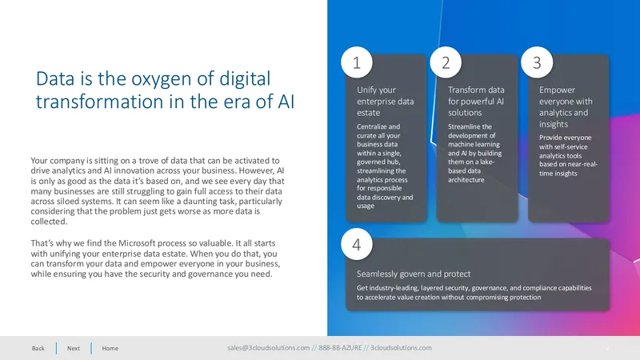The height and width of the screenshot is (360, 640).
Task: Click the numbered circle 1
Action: tap(357, 62)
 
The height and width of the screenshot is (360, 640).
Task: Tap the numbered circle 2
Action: tap(446, 62)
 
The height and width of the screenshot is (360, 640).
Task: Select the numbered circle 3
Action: tap(537, 62)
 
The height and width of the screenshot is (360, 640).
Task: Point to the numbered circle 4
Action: tap(357, 244)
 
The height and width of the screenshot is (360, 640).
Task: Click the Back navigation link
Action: tap(38, 348)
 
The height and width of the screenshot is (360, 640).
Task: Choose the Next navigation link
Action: tap(74, 348)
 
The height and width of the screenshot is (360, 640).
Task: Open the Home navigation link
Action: tap(110, 348)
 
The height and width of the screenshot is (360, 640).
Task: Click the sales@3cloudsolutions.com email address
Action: tap(269, 348)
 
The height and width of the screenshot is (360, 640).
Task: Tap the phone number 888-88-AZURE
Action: tap(341, 348)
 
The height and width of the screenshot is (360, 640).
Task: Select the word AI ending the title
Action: tap(286, 102)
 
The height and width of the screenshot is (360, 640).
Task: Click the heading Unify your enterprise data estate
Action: tap(386, 102)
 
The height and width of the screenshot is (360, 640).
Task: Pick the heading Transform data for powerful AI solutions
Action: tap(476, 102)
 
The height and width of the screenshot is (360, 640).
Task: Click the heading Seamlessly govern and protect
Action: tap(414, 274)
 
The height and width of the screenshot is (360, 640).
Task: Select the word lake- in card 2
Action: tap(485, 162)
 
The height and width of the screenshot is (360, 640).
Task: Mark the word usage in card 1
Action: tap(366, 206)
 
